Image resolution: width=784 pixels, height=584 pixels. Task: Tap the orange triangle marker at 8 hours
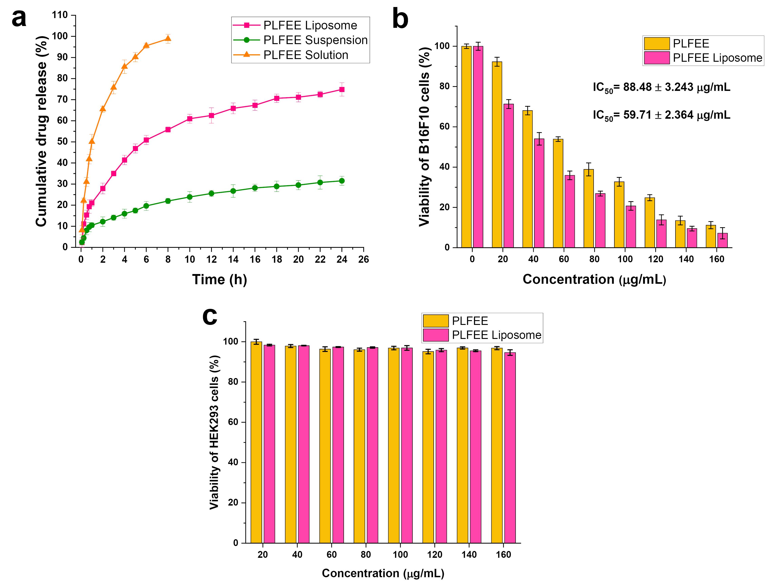[168, 38]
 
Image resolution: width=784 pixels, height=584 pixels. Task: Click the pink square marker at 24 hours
[342, 90]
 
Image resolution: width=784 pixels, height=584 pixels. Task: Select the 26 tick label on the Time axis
[363, 260]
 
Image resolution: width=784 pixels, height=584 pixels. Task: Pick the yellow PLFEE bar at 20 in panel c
[256, 442]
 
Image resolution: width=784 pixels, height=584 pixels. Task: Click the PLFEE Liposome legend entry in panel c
[496, 335]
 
